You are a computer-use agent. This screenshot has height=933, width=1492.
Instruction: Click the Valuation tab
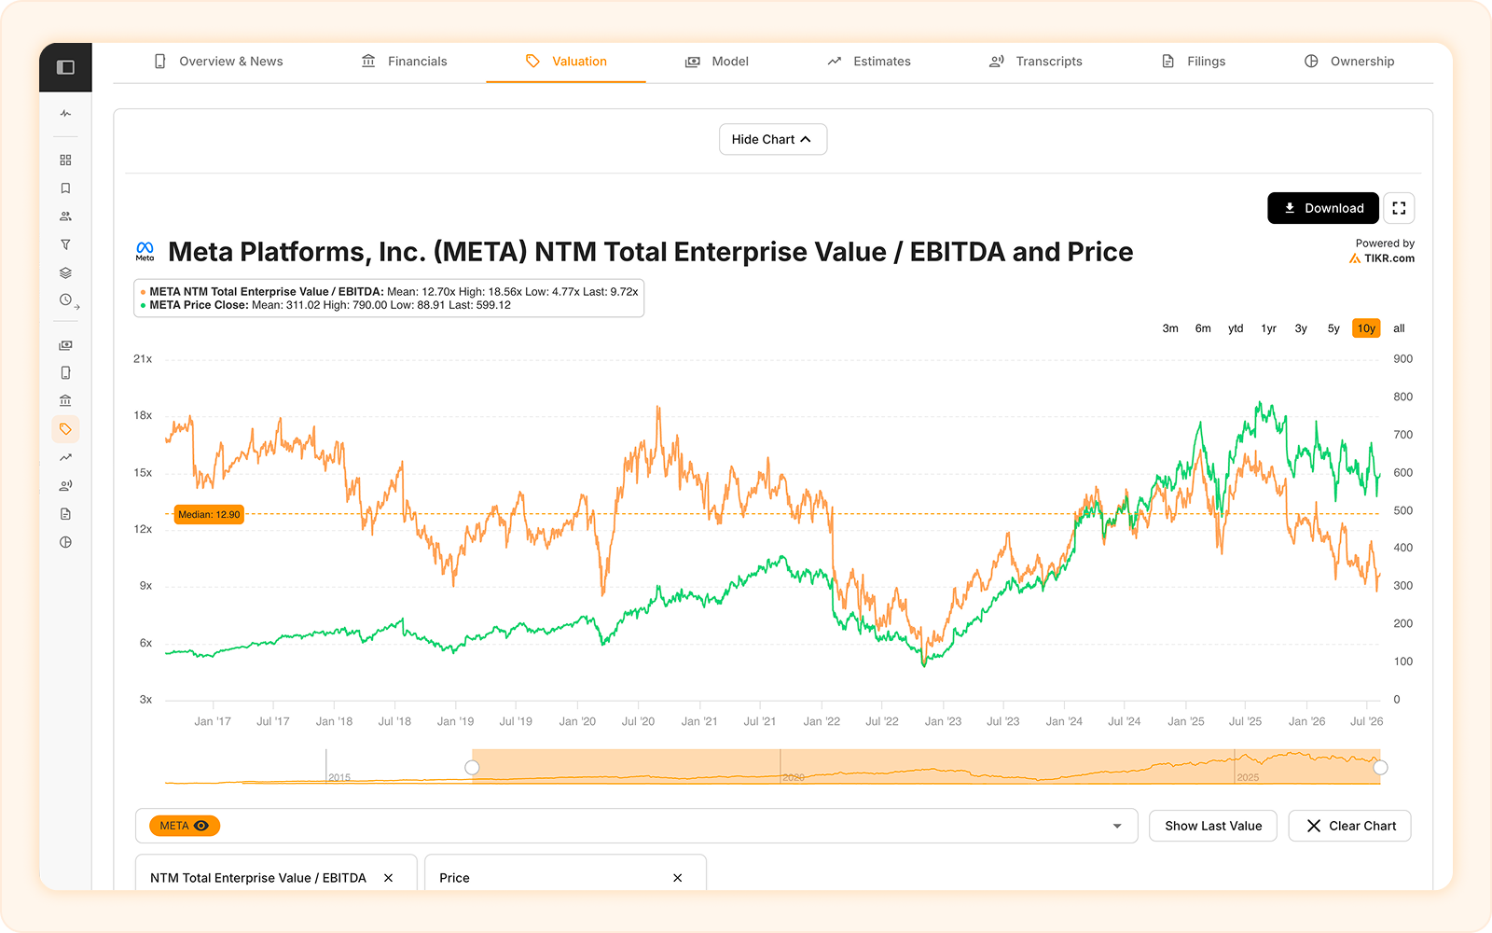[566, 62]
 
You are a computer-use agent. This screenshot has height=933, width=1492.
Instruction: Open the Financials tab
[405, 62]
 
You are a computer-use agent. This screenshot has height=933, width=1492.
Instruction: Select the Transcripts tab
[1036, 62]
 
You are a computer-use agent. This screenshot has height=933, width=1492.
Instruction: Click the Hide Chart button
[773, 139]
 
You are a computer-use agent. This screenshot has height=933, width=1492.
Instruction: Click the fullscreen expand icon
[1399, 208]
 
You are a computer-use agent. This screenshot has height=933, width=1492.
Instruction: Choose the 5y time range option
[1333, 328]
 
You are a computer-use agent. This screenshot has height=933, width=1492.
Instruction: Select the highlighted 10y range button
[1366, 328]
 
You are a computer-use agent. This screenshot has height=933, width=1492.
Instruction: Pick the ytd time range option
[1236, 328]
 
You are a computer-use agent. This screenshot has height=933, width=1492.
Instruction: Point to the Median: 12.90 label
[209, 514]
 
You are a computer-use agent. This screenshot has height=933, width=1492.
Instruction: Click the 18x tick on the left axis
[143, 415]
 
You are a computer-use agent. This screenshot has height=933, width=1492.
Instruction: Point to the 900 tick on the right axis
[1402, 358]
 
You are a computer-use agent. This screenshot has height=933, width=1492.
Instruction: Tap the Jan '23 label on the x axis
[943, 721]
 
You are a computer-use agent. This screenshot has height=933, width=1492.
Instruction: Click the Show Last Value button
[1213, 826]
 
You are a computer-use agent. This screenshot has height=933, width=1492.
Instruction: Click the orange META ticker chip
[185, 826]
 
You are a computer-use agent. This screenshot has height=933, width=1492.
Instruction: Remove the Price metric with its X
[677, 878]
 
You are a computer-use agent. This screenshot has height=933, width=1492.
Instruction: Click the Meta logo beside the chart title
[145, 251]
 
